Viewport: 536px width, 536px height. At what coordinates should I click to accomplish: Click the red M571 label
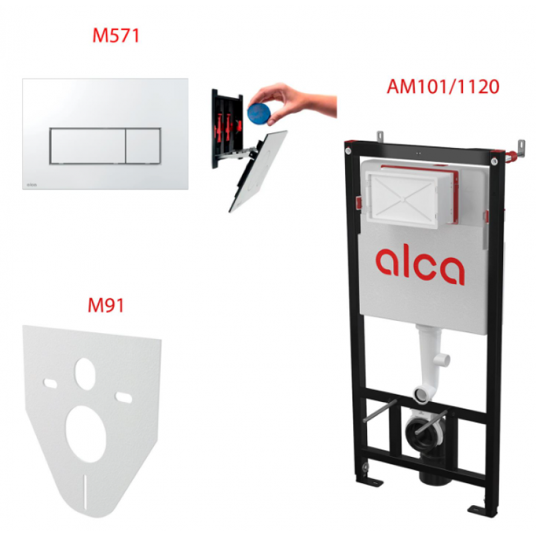116,36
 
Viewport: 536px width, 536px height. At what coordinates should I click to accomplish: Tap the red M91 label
106,306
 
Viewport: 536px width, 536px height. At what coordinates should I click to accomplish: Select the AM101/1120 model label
443,86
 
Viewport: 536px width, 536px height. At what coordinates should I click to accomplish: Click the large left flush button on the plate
88,146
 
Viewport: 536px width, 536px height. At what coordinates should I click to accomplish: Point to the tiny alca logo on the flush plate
31,185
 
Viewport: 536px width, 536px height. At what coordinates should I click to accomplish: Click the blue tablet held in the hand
259,111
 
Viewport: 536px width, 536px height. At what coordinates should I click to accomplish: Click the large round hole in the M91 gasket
86,434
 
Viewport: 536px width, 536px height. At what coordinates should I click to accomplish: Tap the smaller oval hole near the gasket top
85,374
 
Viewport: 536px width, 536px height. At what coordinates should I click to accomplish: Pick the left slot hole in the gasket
50,384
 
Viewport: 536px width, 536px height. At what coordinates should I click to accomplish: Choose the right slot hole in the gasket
124,397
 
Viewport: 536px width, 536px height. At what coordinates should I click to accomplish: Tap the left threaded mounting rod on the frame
379,411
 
